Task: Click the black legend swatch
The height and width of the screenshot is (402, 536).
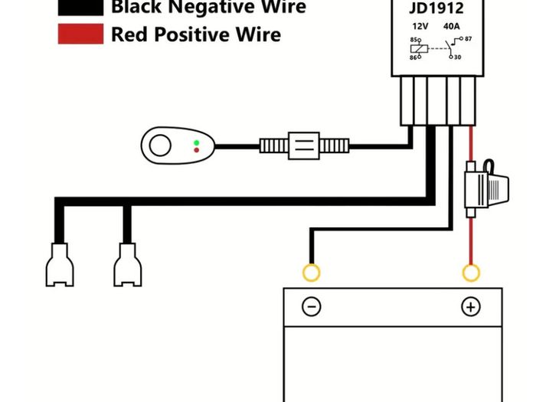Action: pos(80,7)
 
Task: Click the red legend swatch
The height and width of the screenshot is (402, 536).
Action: pos(80,34)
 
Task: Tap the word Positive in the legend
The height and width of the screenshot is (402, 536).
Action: pos(192,34)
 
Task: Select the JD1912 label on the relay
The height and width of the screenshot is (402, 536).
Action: pos(436,8)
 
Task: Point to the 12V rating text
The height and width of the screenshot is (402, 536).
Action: pos(420,26)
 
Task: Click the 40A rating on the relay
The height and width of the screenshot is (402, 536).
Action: pos(451,26)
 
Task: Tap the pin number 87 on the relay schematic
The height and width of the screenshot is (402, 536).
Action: pos(468,39)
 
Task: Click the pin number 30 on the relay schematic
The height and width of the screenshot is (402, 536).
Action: pos(457,57)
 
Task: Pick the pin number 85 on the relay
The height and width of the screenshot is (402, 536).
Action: pos(413,40)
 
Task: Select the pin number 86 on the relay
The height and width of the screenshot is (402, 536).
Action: pos(413,57)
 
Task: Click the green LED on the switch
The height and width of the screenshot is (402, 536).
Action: pos(197,142)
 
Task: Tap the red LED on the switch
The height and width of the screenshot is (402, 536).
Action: pos(197,150)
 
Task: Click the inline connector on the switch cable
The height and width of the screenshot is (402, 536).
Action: pos(304,146)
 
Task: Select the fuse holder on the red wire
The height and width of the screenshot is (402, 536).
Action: pos(486,188)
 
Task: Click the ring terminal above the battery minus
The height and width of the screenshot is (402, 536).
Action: pos(312,273)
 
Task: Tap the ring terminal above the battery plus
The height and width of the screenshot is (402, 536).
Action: pos(471,273)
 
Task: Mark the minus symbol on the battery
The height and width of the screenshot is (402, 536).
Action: pos(312,306)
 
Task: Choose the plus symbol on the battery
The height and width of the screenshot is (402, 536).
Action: pos(471,306)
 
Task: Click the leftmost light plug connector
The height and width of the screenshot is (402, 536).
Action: pos(60,265)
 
